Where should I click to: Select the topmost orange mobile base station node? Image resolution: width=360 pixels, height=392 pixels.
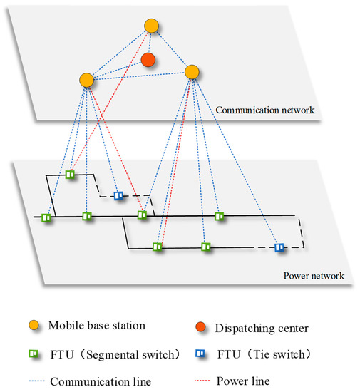point(151,26)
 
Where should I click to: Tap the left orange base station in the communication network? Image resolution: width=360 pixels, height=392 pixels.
point(86,80)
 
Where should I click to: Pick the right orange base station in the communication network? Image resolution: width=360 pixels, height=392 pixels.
point(192,72)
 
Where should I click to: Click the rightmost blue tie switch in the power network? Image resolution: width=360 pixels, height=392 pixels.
point(280,247)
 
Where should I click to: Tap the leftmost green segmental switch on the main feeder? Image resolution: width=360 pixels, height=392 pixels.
point(46,217)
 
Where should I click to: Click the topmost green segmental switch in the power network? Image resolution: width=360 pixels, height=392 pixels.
point(70,174)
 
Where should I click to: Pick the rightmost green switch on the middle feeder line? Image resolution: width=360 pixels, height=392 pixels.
point(220,215)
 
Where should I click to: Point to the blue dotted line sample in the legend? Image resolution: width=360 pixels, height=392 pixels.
point(34,372)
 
